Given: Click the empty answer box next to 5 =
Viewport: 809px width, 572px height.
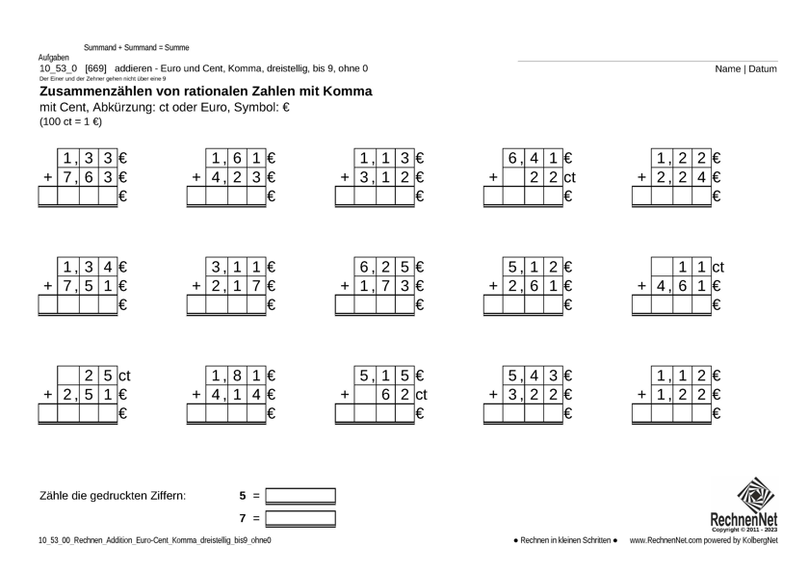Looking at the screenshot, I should coord(300,497).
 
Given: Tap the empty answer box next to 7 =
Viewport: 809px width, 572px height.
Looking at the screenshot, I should coord(300,519).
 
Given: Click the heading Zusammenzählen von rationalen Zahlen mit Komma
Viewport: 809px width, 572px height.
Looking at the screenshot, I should coord(205,91).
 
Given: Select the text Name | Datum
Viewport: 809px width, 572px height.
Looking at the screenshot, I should coord(746,68).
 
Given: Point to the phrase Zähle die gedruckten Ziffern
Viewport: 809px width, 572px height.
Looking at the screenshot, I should coord(113,497).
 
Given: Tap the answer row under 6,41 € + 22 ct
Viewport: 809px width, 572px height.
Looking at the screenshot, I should coord(522,197).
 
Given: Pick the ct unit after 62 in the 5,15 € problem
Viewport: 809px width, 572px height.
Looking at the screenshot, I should coord(421,394).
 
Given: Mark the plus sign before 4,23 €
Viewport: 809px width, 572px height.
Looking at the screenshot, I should coord(196,177).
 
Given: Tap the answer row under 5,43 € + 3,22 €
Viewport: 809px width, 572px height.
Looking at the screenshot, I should coord(522,413).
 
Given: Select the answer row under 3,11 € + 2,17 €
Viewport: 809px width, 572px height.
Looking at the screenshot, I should coord(225,305).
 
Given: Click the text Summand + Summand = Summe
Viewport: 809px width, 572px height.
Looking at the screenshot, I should coord(136,47).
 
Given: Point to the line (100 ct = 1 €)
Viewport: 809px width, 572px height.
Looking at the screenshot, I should coord(70,122).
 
